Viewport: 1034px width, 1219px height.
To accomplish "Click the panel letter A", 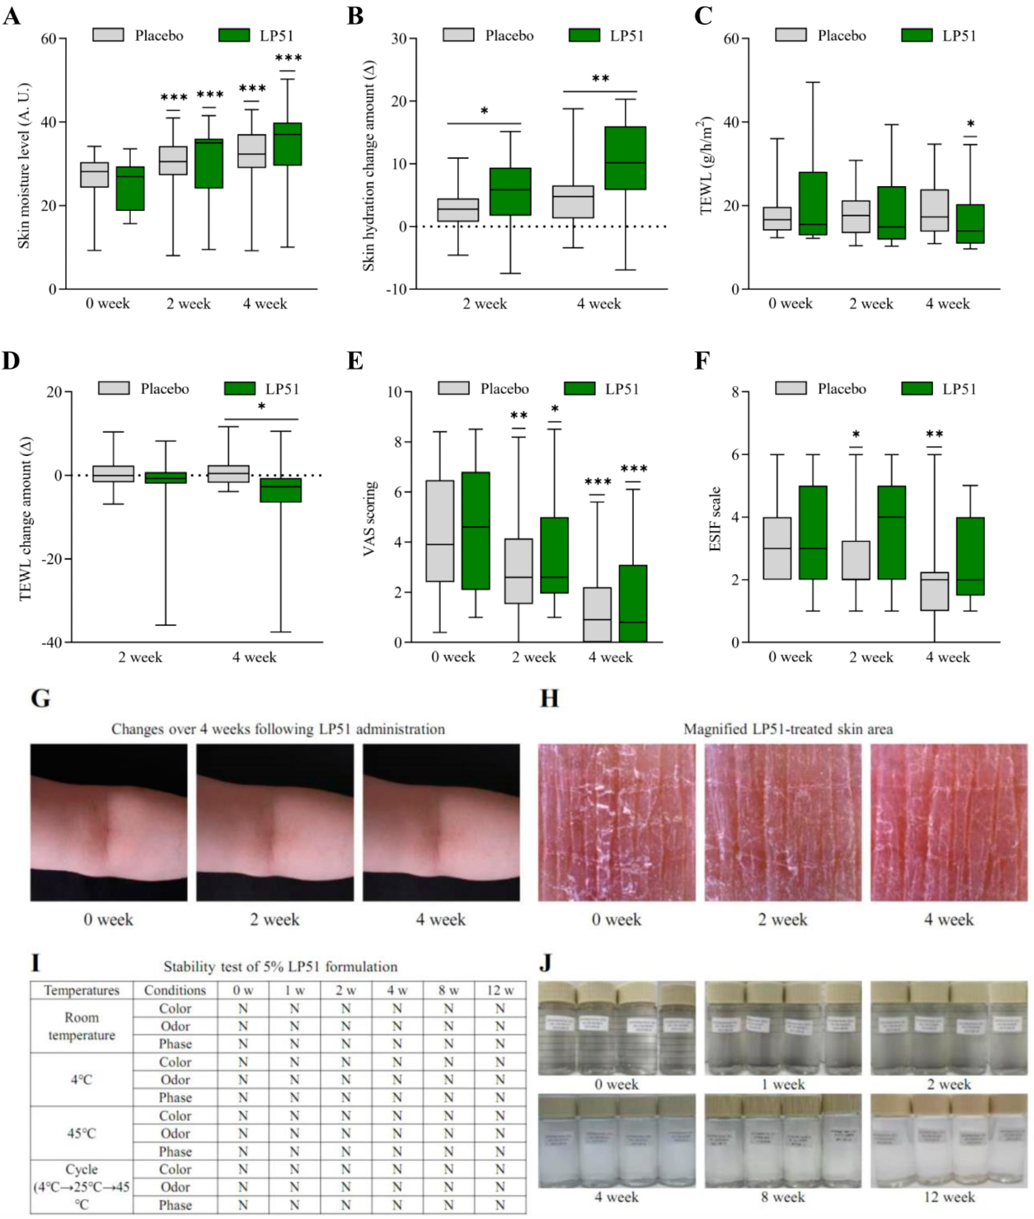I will click(12, 15).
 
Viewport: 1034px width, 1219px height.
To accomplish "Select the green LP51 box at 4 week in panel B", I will click(625, 158).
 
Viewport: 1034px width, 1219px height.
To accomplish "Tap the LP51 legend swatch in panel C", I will click(916, 35).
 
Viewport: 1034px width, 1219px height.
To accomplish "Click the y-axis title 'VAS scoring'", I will click(369, 518).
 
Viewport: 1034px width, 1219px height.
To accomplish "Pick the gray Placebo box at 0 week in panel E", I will click(440, 531).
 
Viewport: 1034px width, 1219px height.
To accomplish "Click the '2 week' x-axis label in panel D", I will click(140, 657).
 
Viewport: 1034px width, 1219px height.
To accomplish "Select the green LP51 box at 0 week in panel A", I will click(130, 188).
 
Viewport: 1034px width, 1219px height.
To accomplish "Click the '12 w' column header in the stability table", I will click(499, 990).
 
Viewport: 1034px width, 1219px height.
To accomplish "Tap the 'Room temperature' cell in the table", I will click(81, 1026).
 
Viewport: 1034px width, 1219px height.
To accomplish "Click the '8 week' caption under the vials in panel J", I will click(783, 1197).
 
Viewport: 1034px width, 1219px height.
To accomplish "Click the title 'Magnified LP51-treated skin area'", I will click(788, 729).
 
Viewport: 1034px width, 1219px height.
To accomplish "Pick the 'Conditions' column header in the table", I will click(175, 990).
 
